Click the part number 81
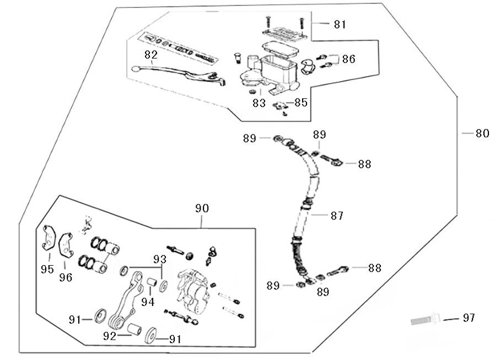[x=340, y=24]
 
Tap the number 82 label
[x=151, y=55]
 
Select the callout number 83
[x=259, y=103]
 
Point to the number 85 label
[x=300, y=103]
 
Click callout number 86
[x=348, y=58]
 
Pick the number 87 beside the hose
[x=337, y=216]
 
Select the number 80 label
[x=482, y=133]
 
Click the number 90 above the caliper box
[x=202, y=208]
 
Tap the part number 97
[x=468, y=318]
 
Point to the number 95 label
[x=47, y=269]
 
